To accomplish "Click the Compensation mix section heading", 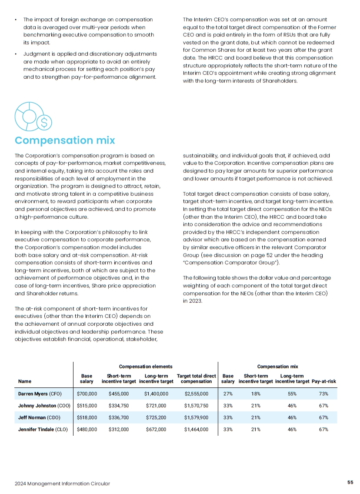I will coord(65,140).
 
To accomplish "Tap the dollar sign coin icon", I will coord(44,123).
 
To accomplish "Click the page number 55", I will coord(350,482).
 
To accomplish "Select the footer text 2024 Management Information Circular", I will coord(62,483).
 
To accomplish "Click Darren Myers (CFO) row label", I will coord(40,394).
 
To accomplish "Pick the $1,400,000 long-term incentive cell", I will coord(156,394).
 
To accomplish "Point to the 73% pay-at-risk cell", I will coord(323,394).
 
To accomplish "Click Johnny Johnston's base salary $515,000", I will coord(87,406).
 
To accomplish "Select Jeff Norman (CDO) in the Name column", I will coord(38,417).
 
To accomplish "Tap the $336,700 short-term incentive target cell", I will coord(118,417).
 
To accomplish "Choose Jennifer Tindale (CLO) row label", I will coord(43,429).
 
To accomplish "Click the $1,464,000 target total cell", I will coord(196,429).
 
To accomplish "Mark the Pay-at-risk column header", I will coord(324,381).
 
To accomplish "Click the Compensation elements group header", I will coord(146,367).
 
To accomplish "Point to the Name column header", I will coord(25,381).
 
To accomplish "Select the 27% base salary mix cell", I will coord(228,394).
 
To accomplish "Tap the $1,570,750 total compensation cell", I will coord(196,406).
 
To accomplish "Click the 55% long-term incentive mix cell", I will coord(292,394).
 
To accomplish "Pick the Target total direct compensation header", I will coord(196,378).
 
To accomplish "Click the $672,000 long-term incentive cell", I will coord(156,429).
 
